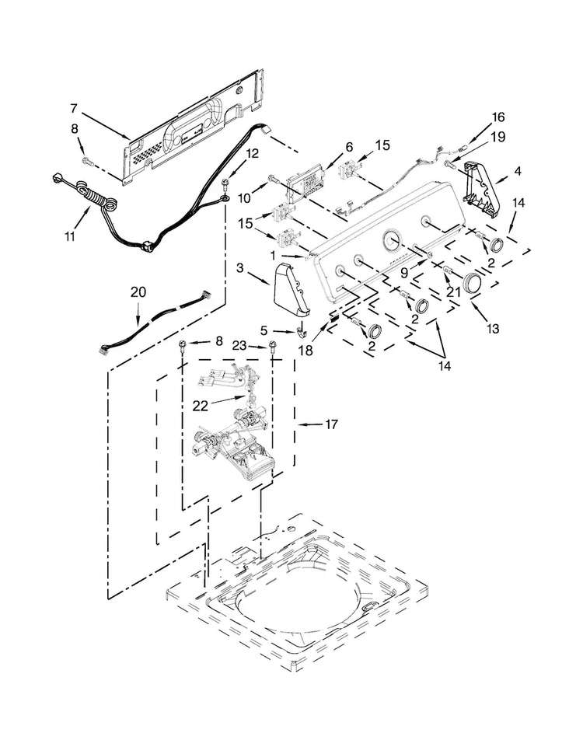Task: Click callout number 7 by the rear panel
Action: coord(74,109)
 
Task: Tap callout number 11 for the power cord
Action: coord(70,236)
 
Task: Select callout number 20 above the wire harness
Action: coord(138,292)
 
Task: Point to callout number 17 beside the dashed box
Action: coord(331,424)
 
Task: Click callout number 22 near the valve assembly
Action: coord(200,406)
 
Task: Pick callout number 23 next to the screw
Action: coord(239,345)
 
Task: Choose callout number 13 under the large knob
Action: coord(493,329)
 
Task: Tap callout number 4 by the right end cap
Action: coord(517,171)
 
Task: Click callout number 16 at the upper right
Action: coord(497,117)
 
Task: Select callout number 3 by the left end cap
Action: coord(240,268)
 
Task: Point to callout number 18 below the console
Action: coord(305,351)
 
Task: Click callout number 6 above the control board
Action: coord(349,147)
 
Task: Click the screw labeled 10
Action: coord(272,179)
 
